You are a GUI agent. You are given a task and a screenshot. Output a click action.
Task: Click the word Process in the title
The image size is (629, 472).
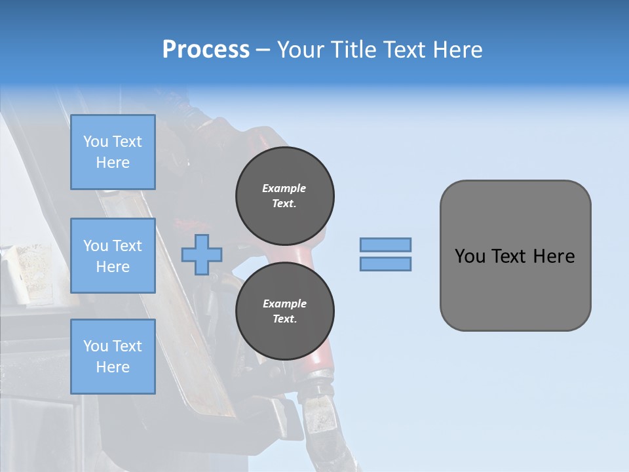206,50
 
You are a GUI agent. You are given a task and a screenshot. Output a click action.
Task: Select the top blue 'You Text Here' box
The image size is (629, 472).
113,152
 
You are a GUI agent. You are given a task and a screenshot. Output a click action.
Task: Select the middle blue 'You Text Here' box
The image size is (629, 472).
113,256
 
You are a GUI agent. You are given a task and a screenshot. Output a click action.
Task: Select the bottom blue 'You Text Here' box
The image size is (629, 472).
113,356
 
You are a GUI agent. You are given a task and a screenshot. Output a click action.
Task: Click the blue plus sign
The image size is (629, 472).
202,254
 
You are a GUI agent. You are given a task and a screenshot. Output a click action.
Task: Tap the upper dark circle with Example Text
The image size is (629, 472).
284,196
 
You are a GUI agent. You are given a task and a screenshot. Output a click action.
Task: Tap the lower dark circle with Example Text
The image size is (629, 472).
284,311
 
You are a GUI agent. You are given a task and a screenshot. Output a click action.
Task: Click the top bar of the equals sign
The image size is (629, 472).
385,245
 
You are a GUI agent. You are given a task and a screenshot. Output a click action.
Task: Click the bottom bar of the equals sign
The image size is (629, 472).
385,264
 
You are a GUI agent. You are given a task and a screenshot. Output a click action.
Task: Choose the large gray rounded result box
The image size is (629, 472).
515,255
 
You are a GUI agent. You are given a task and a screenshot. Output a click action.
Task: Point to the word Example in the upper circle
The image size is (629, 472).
284,188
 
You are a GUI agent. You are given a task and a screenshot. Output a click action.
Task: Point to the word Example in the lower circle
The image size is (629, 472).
284,304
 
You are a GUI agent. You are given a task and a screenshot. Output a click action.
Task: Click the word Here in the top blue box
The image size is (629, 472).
113,163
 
